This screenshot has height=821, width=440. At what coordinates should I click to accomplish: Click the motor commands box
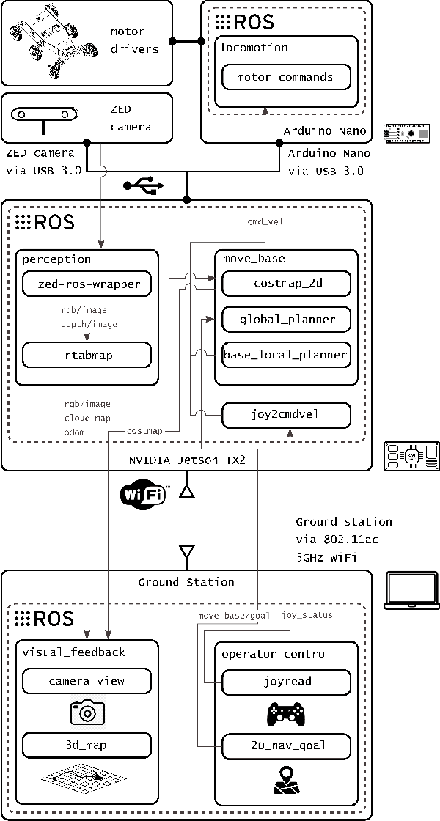pyautogui.click(x=286, y=77)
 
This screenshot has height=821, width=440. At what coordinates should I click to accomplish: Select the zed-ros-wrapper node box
pyautogui.click(x=87, y=284)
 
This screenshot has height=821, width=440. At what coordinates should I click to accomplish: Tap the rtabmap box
pyautogui.click(x=87, y=356)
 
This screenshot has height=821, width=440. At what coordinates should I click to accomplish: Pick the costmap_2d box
pyautogui.click(x=286, y=284)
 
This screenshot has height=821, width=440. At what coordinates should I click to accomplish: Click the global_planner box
pyautogui.click(x=286, y=320)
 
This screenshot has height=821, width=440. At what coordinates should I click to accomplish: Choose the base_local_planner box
pyautogui.click(x=286, y=356)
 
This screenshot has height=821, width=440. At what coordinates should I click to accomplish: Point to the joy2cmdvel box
pyautogui.click(x=286, y=415)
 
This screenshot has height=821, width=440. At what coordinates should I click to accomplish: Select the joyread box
pyautogui.click(x=286, y=681)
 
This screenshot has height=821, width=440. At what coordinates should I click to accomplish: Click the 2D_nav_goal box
pyautogui.click(x=286, y=746)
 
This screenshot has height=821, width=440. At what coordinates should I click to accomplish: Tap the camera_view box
pyautogui.click(x=87, y=681)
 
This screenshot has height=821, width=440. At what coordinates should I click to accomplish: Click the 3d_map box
pyautogui.click(x=87, y=746)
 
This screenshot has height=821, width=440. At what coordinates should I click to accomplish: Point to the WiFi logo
pyautogui.click(x=144, y=496)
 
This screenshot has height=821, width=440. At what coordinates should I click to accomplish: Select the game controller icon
pyautogui.click(x=286, y=713)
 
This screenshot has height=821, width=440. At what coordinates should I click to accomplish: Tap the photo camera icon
pyautogui.click(x=87, y=712)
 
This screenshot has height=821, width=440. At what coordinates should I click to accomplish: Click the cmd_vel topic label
pyautogui.click(x=265, y=221)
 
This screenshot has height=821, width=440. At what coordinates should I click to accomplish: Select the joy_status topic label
pyautogui.click(x=307, y=615)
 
